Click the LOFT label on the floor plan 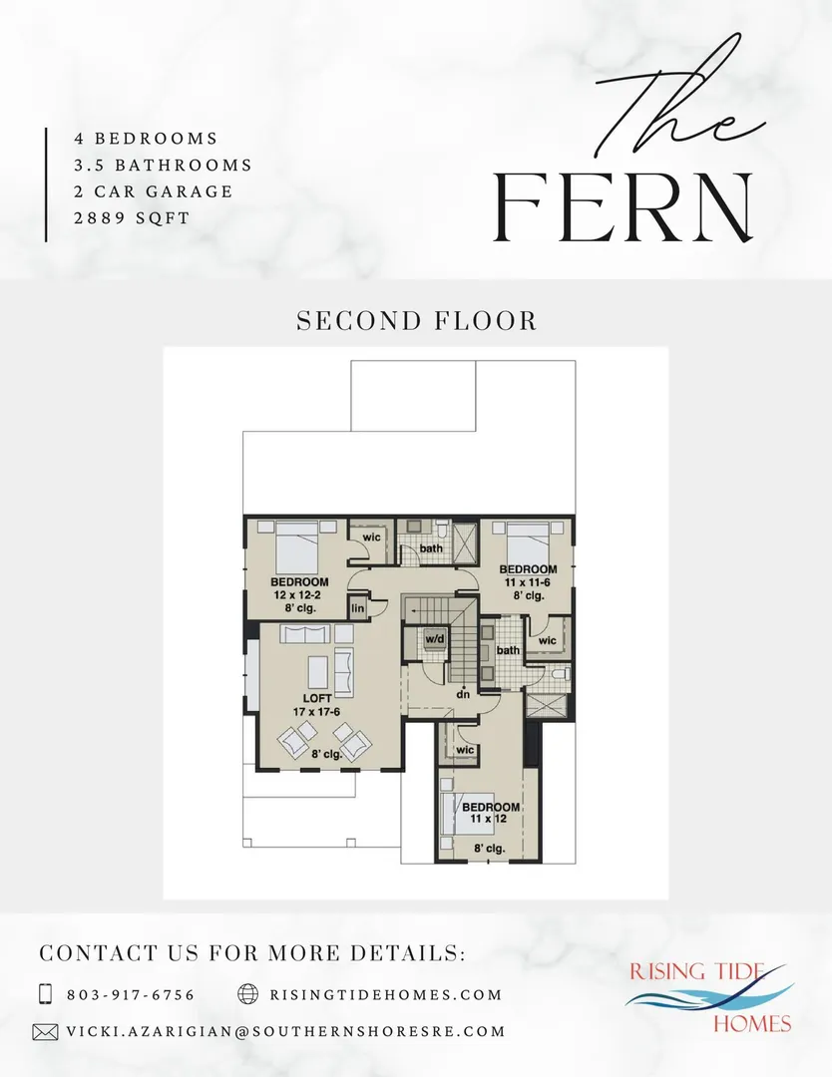click(317, 698)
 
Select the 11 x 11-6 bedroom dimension click(528, 582)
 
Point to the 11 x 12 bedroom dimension click(489, 819)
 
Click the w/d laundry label click(435, 639)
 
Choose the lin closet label click(358, 608)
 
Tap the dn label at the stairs click(464, 694)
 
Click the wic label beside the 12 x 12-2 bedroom click(372, 538)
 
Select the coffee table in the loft click(317, 672)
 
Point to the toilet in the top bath click(442, 530)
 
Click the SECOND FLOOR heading click(416, 321)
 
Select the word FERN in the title click(624, 207)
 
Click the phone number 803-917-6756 click(132, 994)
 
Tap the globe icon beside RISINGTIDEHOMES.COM click(248, 994)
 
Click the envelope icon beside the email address click(45, 1032)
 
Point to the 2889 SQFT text click(132, 218)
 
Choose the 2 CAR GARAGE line click(154, 191)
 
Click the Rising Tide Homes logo click(710, 998)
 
